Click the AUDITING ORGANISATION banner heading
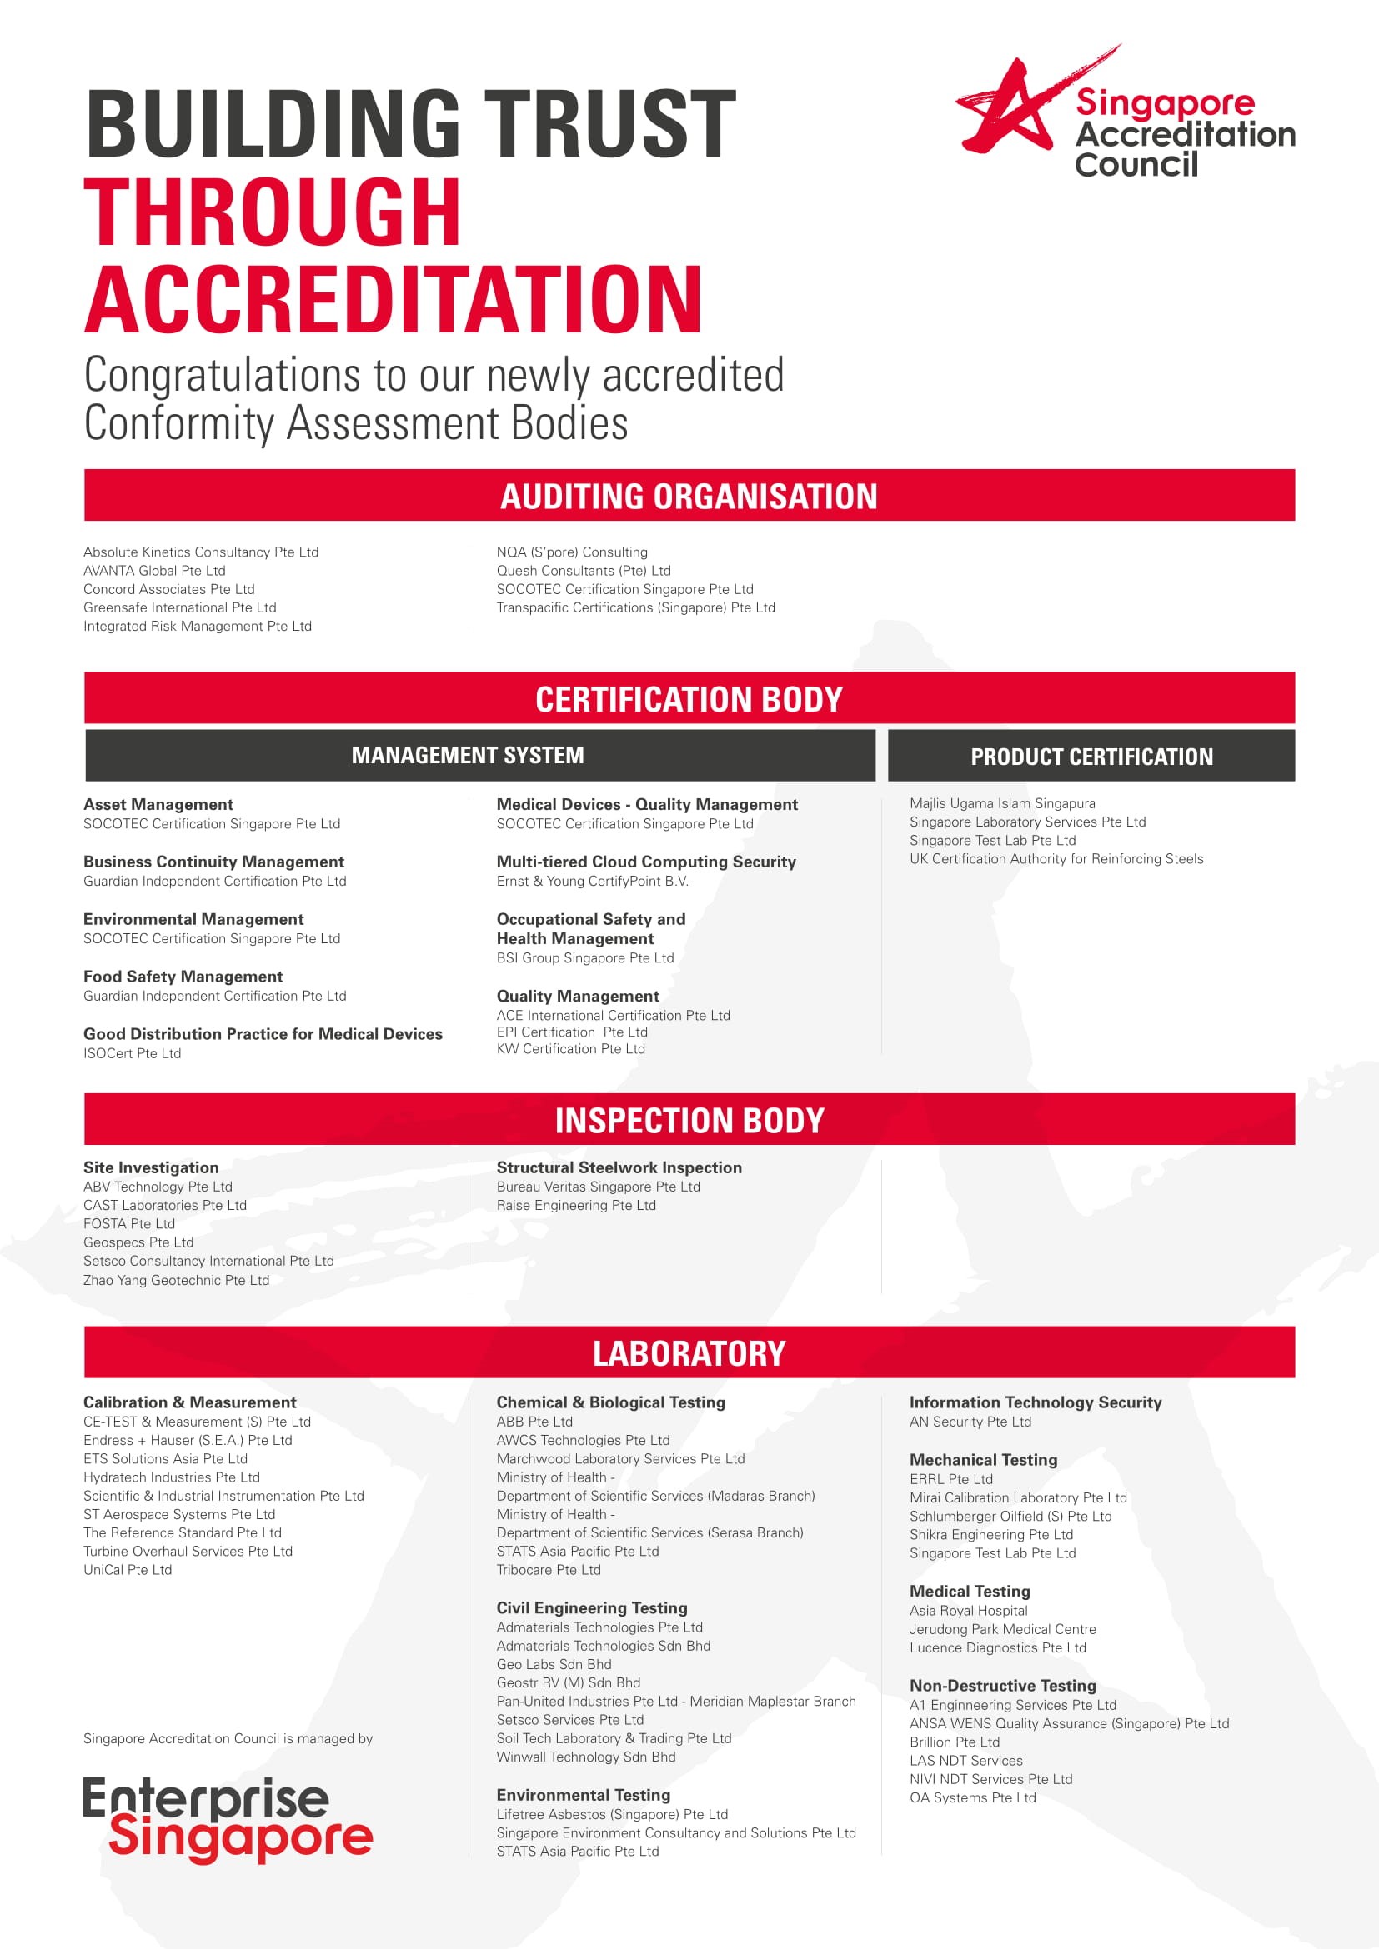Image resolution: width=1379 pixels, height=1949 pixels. pyautogui.click(x=689, y=497)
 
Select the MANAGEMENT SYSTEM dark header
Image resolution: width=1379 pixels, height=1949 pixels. pyautogui.click(x=468, y=756)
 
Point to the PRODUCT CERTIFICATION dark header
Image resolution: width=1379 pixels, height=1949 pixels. pyautogui.click(x=1091, y=757)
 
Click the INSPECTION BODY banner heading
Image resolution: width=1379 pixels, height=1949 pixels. pyautogui.click(x=689, y=1121)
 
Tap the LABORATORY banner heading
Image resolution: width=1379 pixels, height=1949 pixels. pyautogui.click(x=689, y=1353)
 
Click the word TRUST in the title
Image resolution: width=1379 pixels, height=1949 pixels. pyautogui.click(x=609, y=124)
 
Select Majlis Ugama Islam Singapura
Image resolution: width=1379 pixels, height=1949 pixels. pyautogui.click(x=1002, y=803)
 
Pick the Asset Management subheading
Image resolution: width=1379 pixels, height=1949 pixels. pyautogui.click(x=158, y=804)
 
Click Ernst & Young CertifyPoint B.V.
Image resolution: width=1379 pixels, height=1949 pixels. pyautogui.click(x=592, y=881)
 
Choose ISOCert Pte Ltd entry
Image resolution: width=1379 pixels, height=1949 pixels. pyautogui.click(x=132, y=1053)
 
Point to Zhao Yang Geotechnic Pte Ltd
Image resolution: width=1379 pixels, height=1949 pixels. pyautogui.click(x=176, y=1280)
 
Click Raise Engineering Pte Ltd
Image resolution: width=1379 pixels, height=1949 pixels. pyautogui.click(x=576, y=1206)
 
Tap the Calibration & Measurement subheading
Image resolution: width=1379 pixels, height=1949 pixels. pyautogui.click(x=189, y=1402)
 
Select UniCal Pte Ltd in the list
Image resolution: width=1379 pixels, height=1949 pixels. pyautogui.click(x=128, y=1570)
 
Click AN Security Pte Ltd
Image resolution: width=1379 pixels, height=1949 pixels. pyautogui.click(x=970, y=1422)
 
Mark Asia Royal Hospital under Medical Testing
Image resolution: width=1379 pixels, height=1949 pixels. pyautogui.click(x=968, y=1611)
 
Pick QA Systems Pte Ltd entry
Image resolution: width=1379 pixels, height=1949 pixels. pyautogui.click(x=972, y=1797)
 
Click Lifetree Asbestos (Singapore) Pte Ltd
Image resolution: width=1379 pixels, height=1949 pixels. pyautogui.click(x=611, y=1814)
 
